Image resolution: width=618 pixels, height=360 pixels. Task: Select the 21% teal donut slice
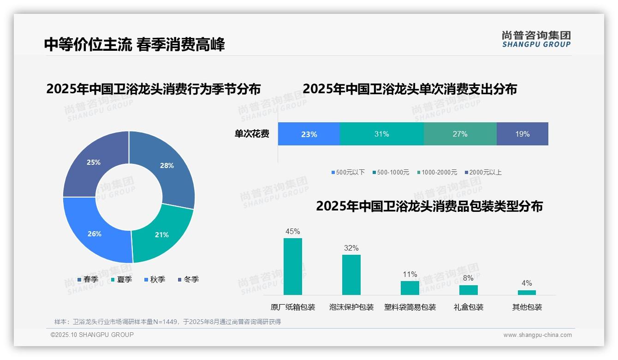(x=161, y=233)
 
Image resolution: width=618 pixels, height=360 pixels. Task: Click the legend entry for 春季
(x=88, y=279)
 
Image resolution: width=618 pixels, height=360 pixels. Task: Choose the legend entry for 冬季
(x=188, y=279)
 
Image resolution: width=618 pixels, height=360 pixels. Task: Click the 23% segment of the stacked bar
(x=309, y=134)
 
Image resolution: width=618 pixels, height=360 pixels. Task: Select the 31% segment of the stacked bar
(x=381, y=134)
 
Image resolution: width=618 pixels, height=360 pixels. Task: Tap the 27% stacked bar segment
(x=460, y=134)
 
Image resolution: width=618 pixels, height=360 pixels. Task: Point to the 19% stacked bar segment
(x=522, y=134)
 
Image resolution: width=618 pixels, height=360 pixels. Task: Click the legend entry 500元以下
(x=348, y=172)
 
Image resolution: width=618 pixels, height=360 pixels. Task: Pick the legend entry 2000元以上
(x=483, y=172)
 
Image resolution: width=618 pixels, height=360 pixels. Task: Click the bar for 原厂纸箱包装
(x=292, y=266)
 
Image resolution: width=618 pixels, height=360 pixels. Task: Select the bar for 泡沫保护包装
(x=351, y=275)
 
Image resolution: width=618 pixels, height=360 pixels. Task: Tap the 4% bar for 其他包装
(x=527, y=292)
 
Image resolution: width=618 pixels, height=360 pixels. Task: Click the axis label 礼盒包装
(x=468, y=307)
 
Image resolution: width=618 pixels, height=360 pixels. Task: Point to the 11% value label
(x=410, y=275)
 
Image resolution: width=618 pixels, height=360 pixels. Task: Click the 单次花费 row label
(x=252, y=134)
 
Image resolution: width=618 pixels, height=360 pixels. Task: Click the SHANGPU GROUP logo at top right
(x=536, y=39)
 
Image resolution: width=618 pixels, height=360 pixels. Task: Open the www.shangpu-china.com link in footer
(x=537, y=335)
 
